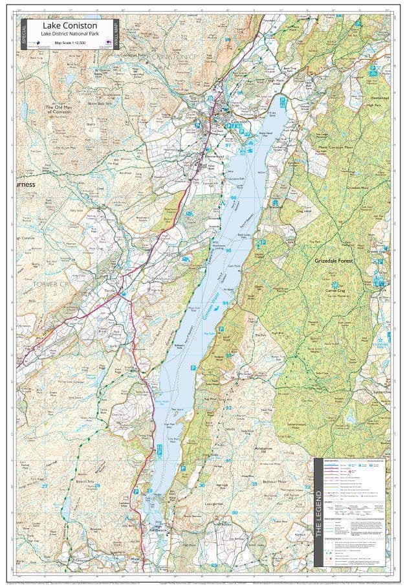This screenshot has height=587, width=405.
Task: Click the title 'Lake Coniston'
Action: (x=71, y=25)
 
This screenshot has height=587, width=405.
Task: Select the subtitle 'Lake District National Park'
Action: (x=71, y=34)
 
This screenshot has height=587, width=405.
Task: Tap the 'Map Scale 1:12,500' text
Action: (x=71, y=43)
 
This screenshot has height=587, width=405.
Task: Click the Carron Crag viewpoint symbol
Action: (x=334, y=284)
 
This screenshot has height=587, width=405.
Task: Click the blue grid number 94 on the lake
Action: (x=224, y=302)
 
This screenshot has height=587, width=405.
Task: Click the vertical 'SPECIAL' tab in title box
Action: (x=25, y=34)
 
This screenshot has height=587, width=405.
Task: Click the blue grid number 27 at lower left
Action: (x=45, y=485)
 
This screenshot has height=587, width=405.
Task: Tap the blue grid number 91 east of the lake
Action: (x=228, y=460)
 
